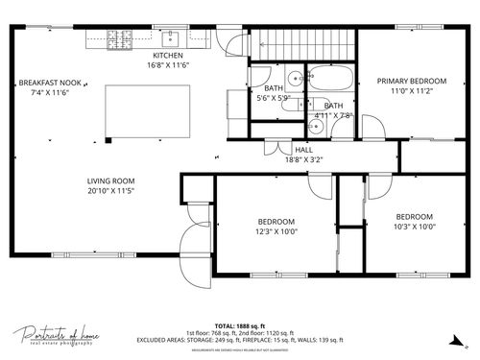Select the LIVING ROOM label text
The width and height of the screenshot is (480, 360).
(x=110, y=180)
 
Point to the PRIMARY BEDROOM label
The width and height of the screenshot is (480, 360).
(x=411, y=81)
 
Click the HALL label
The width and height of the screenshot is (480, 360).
(x=303, y=150)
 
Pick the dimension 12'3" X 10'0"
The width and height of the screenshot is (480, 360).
(x=276, y=230)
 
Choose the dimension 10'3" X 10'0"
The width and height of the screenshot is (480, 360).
(x=415, y=227)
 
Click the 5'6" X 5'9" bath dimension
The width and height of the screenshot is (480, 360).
(x=275, y=98)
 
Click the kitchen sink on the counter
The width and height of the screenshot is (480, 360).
(x=171, y=39)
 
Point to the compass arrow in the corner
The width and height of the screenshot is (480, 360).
(x=456, y=338)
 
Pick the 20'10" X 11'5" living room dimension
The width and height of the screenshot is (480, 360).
(x=110, y=191)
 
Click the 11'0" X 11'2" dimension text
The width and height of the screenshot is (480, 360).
(x=411, y=91)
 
